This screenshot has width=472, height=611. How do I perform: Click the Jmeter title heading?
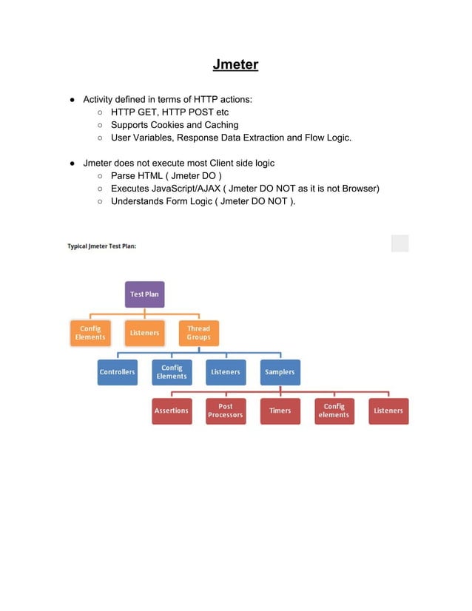235,64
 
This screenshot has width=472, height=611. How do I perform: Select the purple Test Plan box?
144,294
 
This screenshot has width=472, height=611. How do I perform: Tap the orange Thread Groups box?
198,333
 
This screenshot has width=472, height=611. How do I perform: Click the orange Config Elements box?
90,333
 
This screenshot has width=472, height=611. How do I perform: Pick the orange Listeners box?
144,333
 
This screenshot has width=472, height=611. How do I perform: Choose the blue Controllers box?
117,372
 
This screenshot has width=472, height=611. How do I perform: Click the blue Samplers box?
280,372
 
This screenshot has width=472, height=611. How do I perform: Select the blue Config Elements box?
172,372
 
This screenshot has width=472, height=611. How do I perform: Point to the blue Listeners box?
226,372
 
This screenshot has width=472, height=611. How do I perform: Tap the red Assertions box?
172,411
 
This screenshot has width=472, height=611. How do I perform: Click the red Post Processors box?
226,411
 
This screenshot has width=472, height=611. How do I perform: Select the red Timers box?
280,411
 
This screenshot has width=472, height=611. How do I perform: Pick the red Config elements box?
334,411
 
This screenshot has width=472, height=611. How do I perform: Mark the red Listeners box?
388,411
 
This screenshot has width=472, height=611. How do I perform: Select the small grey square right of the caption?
399,243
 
